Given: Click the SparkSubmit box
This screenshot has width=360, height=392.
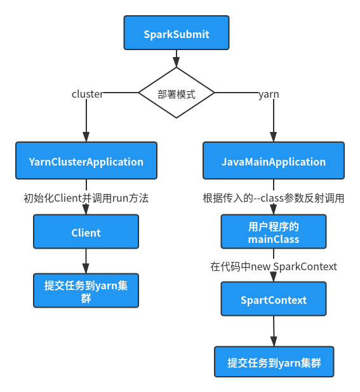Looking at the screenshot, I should point(176,34).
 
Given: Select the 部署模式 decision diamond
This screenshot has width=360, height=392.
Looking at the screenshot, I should point(176,93).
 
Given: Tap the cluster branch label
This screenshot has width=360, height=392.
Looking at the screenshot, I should point(88,94).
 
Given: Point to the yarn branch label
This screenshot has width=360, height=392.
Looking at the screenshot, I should point(269,94).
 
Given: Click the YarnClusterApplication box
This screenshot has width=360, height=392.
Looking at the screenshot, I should point(86,161).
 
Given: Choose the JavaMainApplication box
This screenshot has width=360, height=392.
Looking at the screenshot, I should point(273,161).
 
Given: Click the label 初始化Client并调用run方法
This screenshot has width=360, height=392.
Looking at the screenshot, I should point(86,198).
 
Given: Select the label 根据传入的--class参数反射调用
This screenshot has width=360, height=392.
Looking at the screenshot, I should point(273,198).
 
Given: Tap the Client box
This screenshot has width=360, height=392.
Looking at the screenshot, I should point(86,232).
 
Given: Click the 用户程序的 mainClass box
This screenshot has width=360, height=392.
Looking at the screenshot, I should point(273,232).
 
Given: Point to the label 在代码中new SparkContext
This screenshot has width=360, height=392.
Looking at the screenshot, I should point(273,266).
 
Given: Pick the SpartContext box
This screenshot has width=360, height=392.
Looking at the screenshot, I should point(273,299).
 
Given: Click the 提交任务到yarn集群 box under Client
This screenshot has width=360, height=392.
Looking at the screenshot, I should point(86,291).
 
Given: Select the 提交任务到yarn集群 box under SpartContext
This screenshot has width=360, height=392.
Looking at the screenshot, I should point(273,363).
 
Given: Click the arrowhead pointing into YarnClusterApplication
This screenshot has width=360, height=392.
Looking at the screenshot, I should point(86,136).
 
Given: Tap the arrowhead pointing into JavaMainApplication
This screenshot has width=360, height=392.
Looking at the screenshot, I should point(273,136).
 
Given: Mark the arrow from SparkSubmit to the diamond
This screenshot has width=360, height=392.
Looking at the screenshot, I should point(176,58).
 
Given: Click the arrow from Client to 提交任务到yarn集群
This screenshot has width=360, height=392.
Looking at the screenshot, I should point(86,261).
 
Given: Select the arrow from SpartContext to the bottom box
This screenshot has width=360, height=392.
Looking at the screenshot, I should point(273,330).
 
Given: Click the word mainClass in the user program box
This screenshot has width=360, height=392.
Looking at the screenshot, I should point(273,239).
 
